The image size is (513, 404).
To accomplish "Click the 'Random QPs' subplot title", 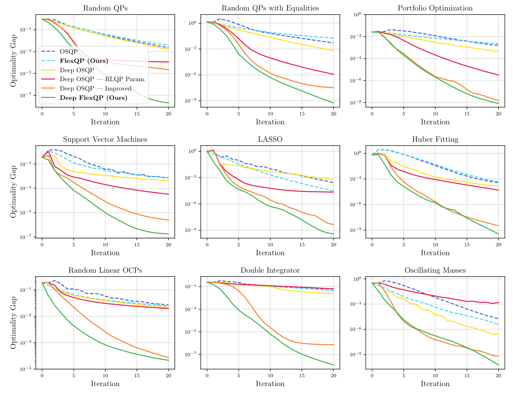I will pyautogui.click(x=105, y=8).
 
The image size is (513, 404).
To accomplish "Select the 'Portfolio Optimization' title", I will pyautogui.click(x=435, y=8).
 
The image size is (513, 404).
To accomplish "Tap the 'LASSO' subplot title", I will pyautogui.click(x=270, y=139).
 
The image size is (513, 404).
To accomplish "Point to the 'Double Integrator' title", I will pyautogui.click(x=270, y=270).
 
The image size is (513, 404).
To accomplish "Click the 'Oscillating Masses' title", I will pyautogui.click(x=435, y=270).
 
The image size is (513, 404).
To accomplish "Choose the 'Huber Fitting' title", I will pyautogui.click(x=435, y=139).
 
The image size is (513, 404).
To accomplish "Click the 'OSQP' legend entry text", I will pyautogui.click(x=69, y=51).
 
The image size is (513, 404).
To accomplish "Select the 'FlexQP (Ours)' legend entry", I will pyautogui.click(x=84, y=61).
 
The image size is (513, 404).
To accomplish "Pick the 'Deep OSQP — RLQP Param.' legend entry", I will pyautogui.click(x=103, y=79).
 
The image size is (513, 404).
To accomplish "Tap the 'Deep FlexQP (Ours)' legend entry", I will pyautogui.click(x=93, y=98).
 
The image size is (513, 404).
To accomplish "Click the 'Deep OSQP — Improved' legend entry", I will pyautogui.click(x=96, y=89).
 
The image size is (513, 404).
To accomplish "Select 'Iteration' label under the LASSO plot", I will pyautogui.click(x=270, y=253).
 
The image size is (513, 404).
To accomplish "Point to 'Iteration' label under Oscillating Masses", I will pyautogui.click(x=435, y=384).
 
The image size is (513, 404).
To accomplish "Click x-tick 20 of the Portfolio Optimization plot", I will pyautogui.click(x=498, y=114).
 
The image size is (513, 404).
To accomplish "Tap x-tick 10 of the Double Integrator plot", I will pyautogui.click(x=270, y=376).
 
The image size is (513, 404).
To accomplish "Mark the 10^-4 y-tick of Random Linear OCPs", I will pyautogui.click(x=26, y=369).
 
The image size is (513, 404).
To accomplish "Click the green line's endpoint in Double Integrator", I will pyautogui.click(x=333, y=365).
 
